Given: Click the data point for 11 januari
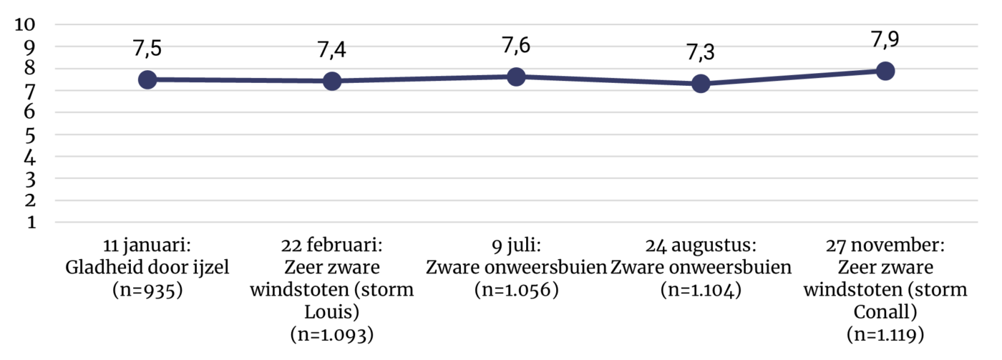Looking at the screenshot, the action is (x=147, y=79).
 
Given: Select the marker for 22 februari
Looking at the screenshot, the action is (x=332, y=81).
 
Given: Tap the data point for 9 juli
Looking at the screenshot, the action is (x=516, y=77).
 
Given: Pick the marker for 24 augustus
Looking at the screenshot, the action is (x=701, y=83).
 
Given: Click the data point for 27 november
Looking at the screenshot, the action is (x=885, y=71).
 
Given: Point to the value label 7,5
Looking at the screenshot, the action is (x=147, y=49).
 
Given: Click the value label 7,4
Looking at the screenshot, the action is (x=332, y=49).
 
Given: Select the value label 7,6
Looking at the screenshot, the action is (x=516, y=46).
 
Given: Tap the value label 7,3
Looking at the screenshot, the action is (x=701, y=52).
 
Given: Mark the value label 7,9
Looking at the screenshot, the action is (x=885, y=39).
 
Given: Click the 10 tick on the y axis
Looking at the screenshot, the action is (x=25, y=24).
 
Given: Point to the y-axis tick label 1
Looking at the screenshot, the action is (x=31, y=223).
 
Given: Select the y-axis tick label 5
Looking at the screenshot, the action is (x=30, y=135).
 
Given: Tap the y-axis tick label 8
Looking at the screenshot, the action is (x=30, y=69).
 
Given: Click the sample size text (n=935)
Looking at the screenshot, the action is (x=147, y=291).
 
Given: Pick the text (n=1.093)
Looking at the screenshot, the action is (x=332, y=335).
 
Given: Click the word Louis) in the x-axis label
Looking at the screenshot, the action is (x=332, y=312).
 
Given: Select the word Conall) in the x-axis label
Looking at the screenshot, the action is (x=885, y=312).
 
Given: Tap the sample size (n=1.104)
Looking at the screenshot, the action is (x=701, y=291).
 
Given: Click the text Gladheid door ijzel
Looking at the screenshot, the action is (x=147, y=268).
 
